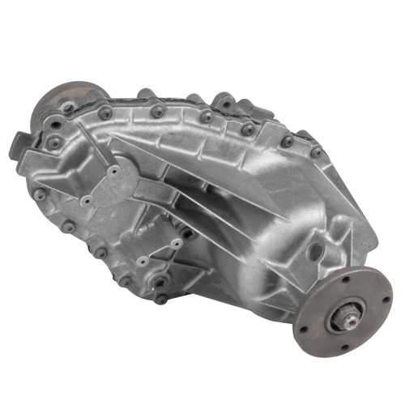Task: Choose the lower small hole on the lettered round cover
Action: pyautogui.click(x=86, y=200)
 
